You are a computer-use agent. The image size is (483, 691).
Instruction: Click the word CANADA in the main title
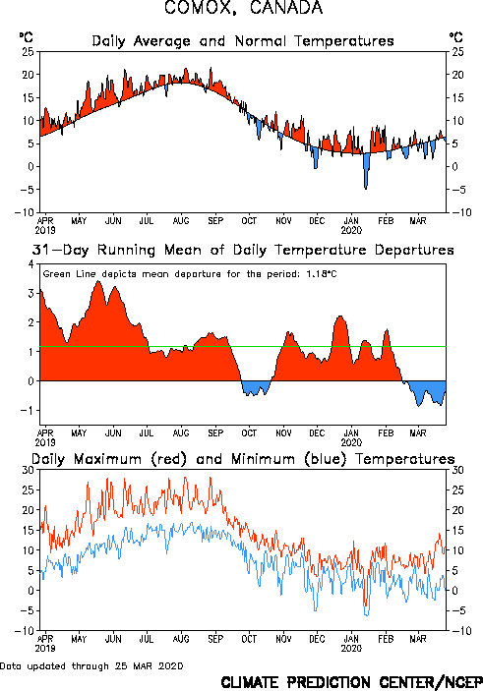pyautogui.click(x=285, y=8)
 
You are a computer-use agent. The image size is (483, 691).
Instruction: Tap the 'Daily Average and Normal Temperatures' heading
pyautogui.click(x=243, y=41)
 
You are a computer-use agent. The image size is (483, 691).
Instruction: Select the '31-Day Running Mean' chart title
pyautogui.click(x=243, y=250)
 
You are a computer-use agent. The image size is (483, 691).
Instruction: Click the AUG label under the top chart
pyautogui.click(x=181, y=220)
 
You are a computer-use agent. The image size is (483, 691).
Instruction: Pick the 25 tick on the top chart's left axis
pyautogui.click(x=28, y=52)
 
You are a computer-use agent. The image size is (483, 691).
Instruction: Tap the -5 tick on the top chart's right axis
pyautogui.click(x=457, y=190)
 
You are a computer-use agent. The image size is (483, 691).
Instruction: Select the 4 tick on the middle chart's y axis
pyautogui.click(x=30, y=264)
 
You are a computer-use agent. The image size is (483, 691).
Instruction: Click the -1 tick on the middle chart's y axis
pyautogui.click(x=28, y=410)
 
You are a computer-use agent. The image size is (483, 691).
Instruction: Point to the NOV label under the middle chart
pyautogui.click(x=283, y=432)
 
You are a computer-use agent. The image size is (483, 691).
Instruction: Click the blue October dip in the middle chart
pyautogui.click(x=256, y=388)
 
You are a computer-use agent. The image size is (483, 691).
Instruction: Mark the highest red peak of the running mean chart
pyautogui.click(x=98, y=282)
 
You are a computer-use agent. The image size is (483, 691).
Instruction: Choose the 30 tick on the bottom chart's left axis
pyautogui.click(x=28, y=470)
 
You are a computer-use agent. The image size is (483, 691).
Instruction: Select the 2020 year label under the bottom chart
pyautogui.click(x=351, y=649)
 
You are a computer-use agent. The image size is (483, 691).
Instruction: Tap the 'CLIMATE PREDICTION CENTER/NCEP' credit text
pyautogui.click(x=351, y=682)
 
